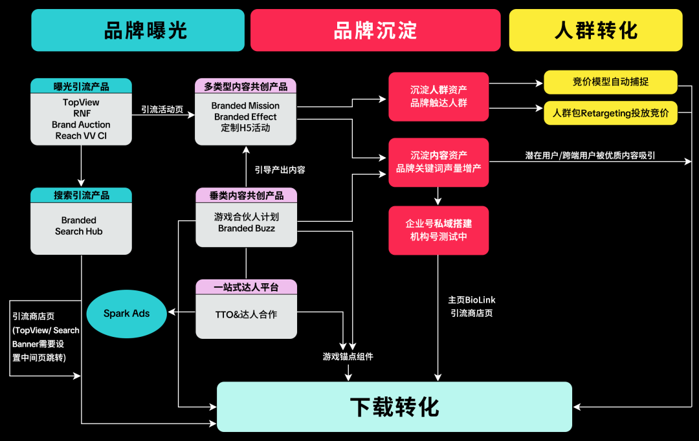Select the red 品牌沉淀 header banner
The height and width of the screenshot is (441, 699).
tap(375, 30)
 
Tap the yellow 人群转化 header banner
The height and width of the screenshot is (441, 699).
tap(595, 30)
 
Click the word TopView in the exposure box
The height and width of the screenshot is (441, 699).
tap(81, 102)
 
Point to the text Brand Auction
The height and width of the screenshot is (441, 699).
tap(81, 125)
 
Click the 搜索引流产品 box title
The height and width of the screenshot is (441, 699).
tap(81, 195)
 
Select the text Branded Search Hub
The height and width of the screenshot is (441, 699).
tap(79, 226)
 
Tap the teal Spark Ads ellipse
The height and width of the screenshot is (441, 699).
tap(127, 314)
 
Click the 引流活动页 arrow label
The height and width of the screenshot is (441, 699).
tap(162, 110)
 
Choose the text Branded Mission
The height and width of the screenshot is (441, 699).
tap(245, 105)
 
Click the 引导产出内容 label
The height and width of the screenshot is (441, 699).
tap(280, 170)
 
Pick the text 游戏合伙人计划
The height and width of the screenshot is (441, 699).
tap(246, 217)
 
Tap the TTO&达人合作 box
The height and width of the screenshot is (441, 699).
tap(246, 315)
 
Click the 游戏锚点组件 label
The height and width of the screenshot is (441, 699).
tap(348, 356)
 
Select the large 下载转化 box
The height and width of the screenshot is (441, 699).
tap(394, 407)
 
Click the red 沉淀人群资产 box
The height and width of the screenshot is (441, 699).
tap(438, 96)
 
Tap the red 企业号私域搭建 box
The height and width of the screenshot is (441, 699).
tap(438, 230)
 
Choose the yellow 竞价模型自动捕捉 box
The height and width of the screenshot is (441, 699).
tap(610, 82)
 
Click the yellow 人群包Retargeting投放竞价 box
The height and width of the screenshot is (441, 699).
tap(610, 113)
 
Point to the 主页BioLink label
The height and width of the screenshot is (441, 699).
tap(472, 300)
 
